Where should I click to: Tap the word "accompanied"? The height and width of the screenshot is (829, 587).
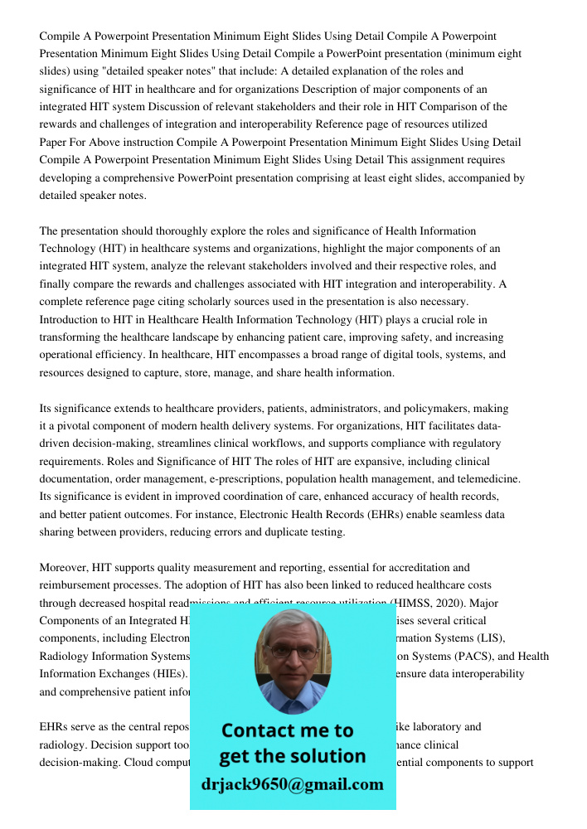[x=476, y=177]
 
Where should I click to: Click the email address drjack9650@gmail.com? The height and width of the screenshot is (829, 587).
[x=292, y=784]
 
